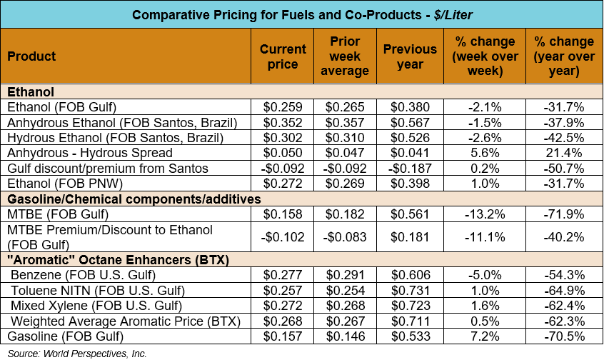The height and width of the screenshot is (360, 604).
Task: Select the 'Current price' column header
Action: coord(283,56)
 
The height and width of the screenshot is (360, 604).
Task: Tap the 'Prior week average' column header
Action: coord(345,56)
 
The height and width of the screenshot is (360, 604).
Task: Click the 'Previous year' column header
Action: coord(410,56)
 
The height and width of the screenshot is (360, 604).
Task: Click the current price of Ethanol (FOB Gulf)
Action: coord(283,107)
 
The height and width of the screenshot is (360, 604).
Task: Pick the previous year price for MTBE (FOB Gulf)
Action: coord(410,214)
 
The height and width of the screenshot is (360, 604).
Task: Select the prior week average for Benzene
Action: coord(345,275)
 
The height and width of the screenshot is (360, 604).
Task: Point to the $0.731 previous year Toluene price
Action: coord(410,290)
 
